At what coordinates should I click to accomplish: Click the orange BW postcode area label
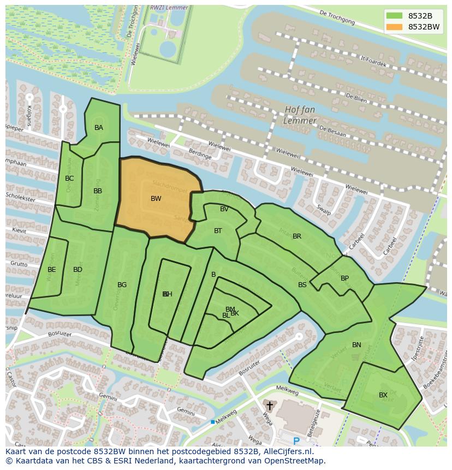(156, 199)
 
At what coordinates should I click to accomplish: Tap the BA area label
(99, 128)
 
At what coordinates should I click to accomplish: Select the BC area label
(69, 179)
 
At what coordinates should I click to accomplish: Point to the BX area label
(383, 395)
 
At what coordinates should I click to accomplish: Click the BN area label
(356, 345)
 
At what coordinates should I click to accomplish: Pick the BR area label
(297, 236)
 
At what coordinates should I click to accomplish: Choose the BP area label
(344, 278)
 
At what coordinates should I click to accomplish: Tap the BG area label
(122, 285)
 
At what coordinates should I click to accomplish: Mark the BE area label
(52, 270)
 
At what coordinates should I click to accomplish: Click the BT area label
(218, 231)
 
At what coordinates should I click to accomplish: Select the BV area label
(224, 209)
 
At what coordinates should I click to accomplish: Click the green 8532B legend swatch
(394, 15)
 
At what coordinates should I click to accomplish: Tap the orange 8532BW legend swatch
(394, 27)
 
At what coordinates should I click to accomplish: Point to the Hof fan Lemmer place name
(300, 115)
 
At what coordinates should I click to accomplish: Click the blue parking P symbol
(296, 441)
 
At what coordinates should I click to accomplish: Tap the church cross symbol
(269, 406)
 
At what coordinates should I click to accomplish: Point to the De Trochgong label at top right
(337, 18)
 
